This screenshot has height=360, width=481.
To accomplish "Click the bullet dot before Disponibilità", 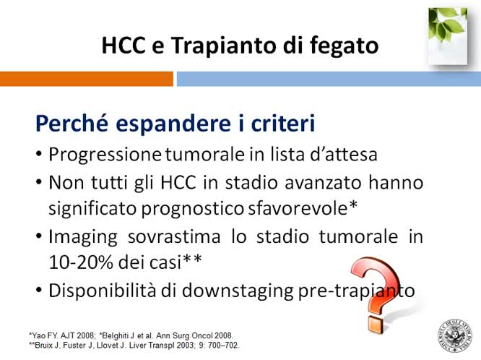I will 38,291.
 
